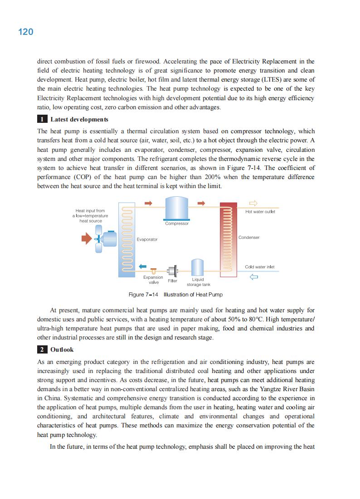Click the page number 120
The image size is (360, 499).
[26, 32]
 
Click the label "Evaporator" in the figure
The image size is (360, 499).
[147, 239]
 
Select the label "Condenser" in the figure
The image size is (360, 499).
[249, 237]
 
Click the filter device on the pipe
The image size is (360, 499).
[172, 271]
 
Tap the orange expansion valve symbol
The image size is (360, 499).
[154, 271]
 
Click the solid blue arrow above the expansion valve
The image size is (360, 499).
[143, 266]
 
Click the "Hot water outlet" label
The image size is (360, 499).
[260, 212]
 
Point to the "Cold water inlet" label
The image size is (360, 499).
[259, 267]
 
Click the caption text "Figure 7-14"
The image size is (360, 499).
[143, 295]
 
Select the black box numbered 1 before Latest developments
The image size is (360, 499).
[41, 120]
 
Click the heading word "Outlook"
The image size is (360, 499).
[62, 350]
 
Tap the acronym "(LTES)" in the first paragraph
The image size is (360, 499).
[264, 80]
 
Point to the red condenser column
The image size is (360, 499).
[228, 238]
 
